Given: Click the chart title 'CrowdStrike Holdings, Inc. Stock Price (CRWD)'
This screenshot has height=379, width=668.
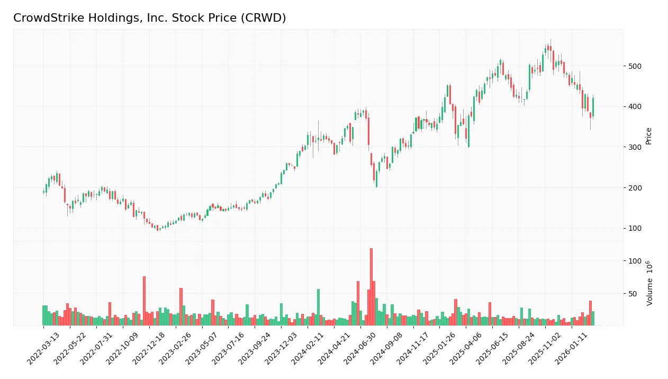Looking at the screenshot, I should point(150,18).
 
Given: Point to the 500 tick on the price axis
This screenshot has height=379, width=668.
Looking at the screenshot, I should point(635,66).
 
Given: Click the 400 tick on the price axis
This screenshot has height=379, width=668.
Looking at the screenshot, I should point(635,106).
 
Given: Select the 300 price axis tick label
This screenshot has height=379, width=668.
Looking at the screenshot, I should point(635,147).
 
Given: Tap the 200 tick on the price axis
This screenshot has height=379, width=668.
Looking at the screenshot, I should point(635,188).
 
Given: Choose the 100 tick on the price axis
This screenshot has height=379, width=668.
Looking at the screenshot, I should point(635,228).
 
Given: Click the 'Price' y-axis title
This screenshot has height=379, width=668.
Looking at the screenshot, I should point(649,136).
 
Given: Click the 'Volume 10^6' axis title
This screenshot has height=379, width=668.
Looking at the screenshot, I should point(649,283).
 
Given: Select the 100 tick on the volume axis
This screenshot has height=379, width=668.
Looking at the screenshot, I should point(635,261).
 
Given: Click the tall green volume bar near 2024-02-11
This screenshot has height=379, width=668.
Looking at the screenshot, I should point(318,307).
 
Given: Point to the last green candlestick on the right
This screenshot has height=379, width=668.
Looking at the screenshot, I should point(593,107).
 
